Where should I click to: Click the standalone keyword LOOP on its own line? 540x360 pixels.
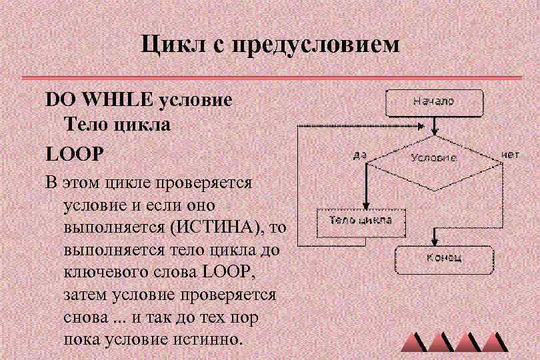coord(75,153)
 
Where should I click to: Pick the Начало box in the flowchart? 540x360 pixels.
coord(433,102)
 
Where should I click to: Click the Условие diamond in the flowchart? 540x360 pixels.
coord(433,158)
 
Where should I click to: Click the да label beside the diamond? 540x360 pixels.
coord(360,155)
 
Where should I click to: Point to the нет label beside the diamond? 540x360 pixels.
coord(509,154)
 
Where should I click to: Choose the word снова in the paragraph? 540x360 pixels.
coord(85,317)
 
